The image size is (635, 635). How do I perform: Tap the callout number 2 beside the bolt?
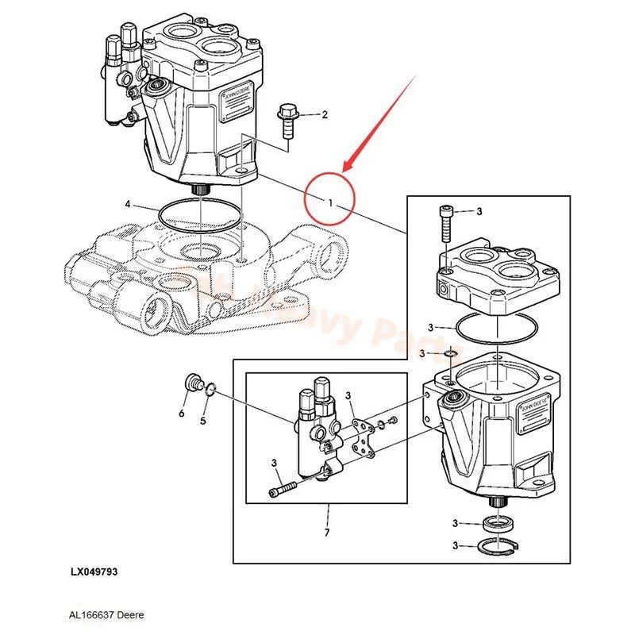point(324,115)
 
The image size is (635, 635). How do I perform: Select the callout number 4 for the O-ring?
point(127,205)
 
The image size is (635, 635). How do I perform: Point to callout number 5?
point(202,421)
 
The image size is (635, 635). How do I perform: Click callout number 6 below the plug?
point(181,414)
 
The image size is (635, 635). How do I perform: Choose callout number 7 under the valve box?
point(326,531)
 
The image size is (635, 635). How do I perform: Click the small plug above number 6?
point(190,384)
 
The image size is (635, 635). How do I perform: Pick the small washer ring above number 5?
point(211,389)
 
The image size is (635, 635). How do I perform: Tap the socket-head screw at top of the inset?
point(446,226)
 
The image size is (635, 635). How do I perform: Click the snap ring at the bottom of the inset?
point(498,545)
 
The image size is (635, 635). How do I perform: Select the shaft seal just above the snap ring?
point(498,522)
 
